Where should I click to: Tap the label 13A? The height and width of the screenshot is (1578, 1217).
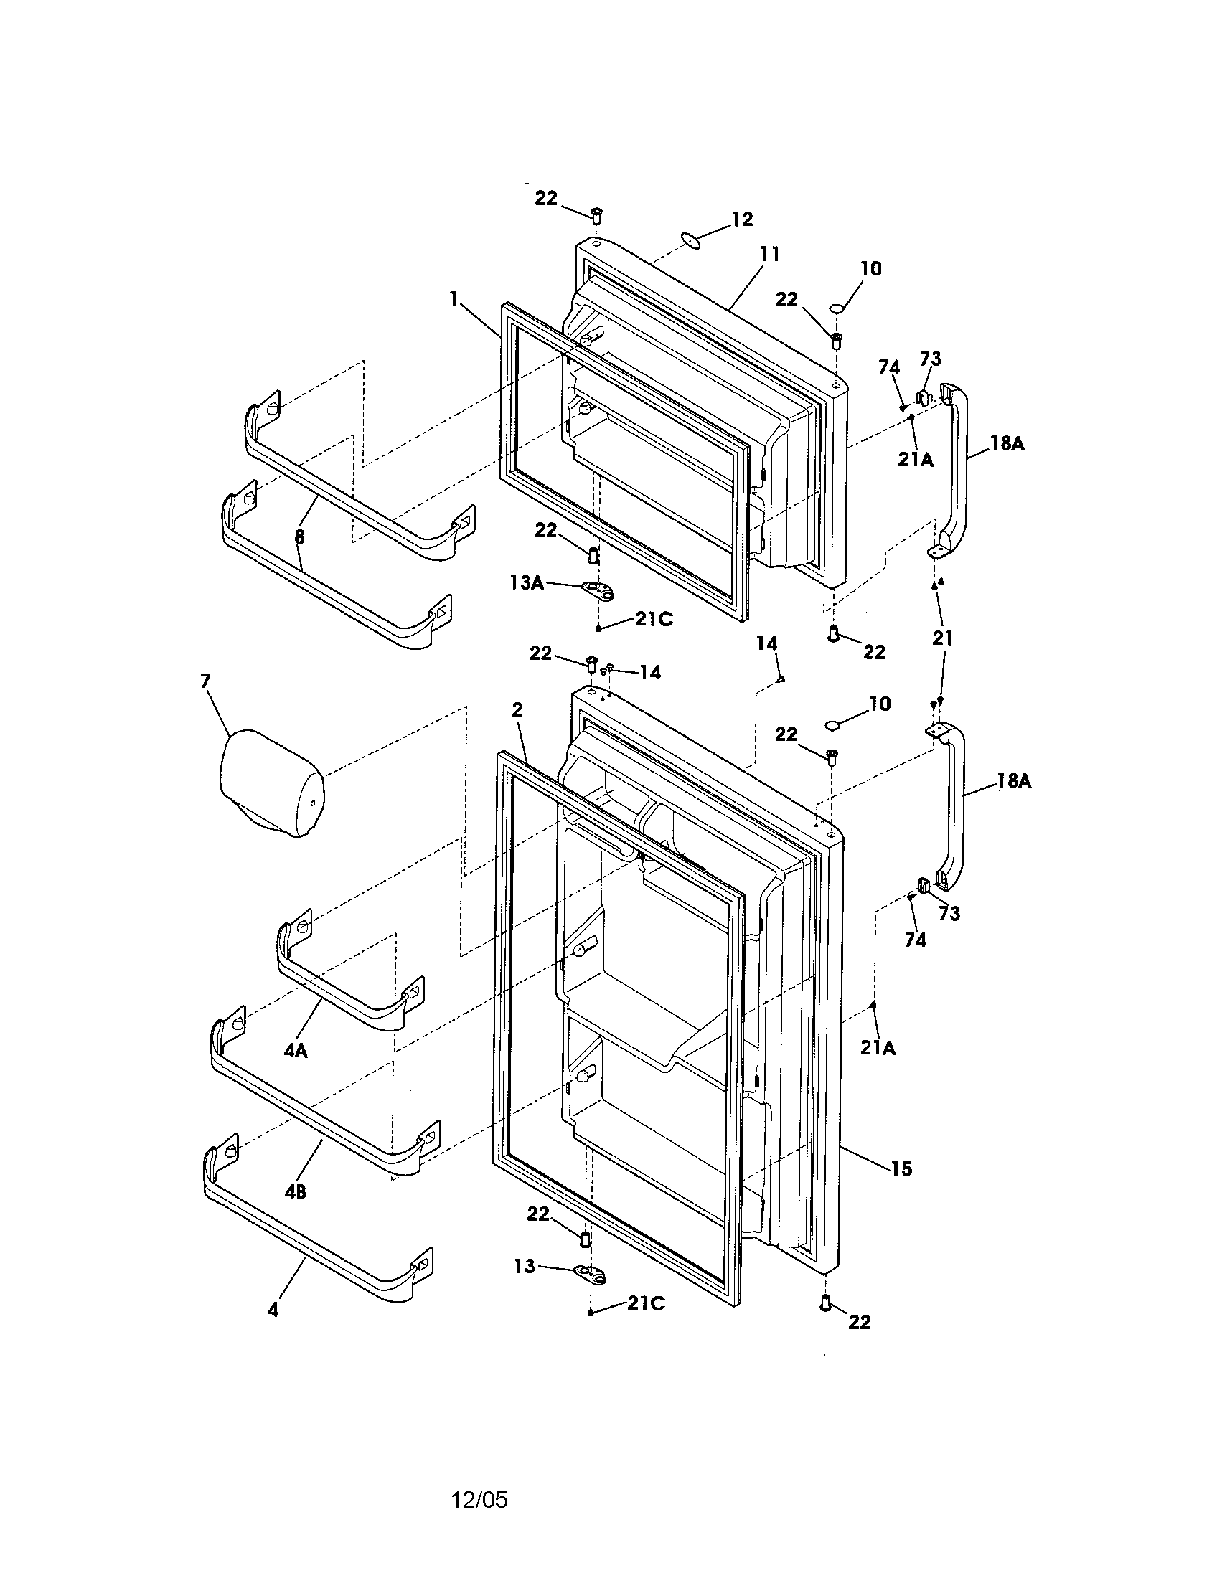pyautogui.click(x=526, y=582)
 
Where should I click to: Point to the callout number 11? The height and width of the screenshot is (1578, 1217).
pyautogui.click(x=770, y=255)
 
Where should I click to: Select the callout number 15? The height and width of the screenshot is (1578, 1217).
pyautogui.click(x=901, y=1168)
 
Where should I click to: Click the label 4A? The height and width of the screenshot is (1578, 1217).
pyautogui.click(x=296, y=1052)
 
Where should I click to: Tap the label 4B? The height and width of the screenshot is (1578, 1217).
pyautogui.click(x=295, y=1191)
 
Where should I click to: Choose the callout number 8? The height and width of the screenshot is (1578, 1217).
pyautogui.click(x=299, y=537)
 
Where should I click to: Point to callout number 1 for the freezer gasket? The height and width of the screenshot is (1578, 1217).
pyautogui.click(x=454, y=298)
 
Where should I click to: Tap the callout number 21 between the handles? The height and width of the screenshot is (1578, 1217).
pyautogui.click(x=942, y=638)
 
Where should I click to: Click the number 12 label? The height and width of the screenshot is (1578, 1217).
pyautogui.click(x=742, y=219)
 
